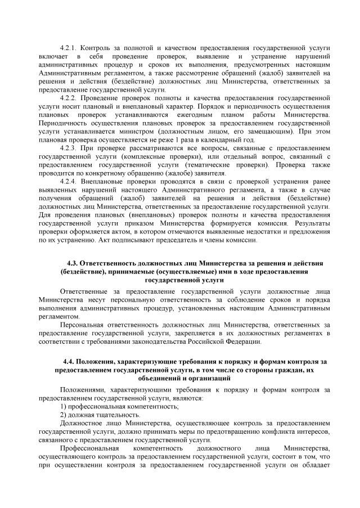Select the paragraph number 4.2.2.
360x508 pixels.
click(70, 97)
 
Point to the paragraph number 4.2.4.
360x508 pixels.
click(70, 182)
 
